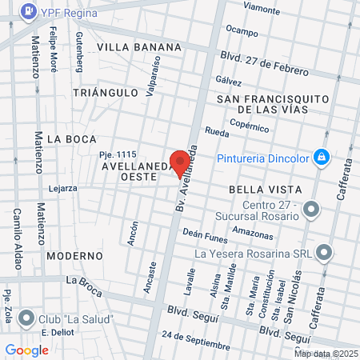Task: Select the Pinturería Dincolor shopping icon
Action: [x=321, y=156]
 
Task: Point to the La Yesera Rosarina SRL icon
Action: [x=324, y=254]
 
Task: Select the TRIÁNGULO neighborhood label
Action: [x=106, y=93]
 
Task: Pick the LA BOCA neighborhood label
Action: [x=71, y=138]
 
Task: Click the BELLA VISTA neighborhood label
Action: [x=265, y=190]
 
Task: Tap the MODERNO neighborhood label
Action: [x=74, y=256]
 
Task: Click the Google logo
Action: [x=27, y=350]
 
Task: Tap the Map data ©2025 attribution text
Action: [x=326, y=354]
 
